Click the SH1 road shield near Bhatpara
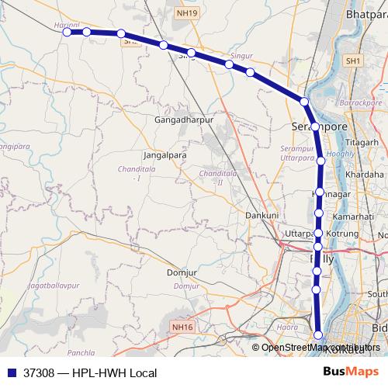point(354,61)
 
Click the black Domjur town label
point(182,272)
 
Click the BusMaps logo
point(351,372)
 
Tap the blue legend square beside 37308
point(9,372)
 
